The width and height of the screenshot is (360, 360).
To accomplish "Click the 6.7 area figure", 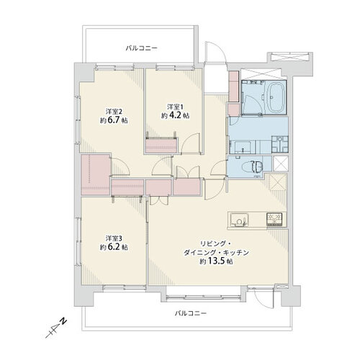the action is [114, 120].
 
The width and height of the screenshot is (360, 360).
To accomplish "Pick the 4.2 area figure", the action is [176, 115].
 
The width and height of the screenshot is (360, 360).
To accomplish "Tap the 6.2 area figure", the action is [114, 247].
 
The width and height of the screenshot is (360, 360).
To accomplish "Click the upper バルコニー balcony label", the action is [142, 48].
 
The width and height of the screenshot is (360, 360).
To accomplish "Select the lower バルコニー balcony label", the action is [191, 313].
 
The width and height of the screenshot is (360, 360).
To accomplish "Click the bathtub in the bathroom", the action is [276, 97].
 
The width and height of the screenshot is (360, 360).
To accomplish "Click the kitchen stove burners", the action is [274, 220].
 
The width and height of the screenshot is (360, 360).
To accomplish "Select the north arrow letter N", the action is [63, 321].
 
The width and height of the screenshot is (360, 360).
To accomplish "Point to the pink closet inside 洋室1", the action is [161, 145].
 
